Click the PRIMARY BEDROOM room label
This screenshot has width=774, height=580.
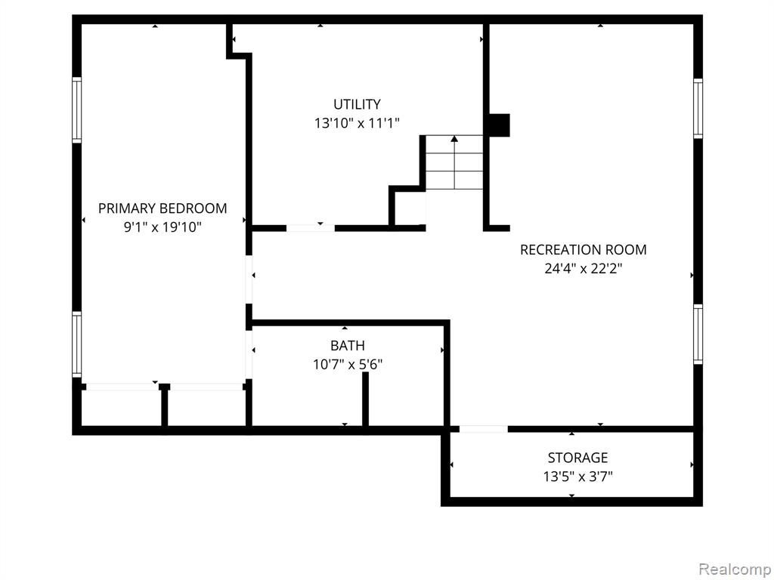point(163,208)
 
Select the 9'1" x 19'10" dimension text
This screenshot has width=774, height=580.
point(163,227)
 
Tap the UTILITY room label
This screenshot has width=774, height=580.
point(357,104)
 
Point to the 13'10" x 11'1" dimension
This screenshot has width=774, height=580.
point(357,123)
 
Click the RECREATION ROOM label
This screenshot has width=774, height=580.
point(583,249)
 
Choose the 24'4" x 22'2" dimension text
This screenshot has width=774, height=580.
point(583,269)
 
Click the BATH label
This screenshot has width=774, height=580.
point(348,345)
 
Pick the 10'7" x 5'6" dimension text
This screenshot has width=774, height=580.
point(348,365)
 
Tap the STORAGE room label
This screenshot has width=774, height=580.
point(577,458)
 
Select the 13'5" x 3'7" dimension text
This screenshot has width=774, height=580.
point(577,477)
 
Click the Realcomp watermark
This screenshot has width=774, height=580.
point(735,569)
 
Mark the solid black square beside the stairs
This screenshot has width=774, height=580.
point(499,125)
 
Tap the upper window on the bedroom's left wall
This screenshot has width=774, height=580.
point(77,110)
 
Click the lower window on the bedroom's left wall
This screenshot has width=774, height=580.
point(77,344)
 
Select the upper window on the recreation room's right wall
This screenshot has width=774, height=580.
point(698,109)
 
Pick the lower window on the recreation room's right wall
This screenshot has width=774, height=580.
point(698,335)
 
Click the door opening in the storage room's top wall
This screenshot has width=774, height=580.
point(483,429)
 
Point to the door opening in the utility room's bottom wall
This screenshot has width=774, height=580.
point(311,228)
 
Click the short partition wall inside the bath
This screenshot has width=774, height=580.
point(365,399)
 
